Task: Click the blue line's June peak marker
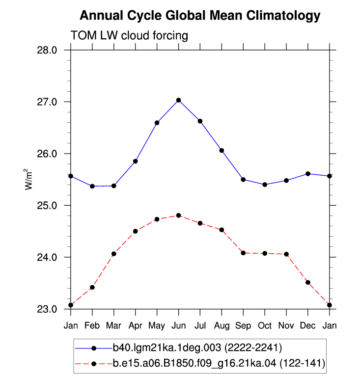click(178, 100)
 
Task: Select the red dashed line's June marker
click(178, 215)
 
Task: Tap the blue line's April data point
click(136, 161)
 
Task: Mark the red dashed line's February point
click(92, 287)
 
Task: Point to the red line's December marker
click(308, 282)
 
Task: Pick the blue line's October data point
click(265, 185)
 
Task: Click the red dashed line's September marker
click(243, 253)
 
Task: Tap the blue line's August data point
click(222, 151)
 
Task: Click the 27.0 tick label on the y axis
click(47, 102)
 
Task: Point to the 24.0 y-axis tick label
click(47, 257)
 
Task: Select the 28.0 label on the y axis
click(47, 50)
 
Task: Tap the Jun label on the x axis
click(179, 325)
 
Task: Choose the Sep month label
click(243, 326)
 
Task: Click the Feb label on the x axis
click(92, 325)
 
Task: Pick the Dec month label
click(307, 325)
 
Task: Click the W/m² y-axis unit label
click(28, 179)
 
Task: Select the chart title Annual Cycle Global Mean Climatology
click(200, 16)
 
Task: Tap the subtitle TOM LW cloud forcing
click(129, 35)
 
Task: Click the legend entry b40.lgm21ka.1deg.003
click(178, 348)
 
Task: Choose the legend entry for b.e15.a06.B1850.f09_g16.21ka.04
click(200, 363)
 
